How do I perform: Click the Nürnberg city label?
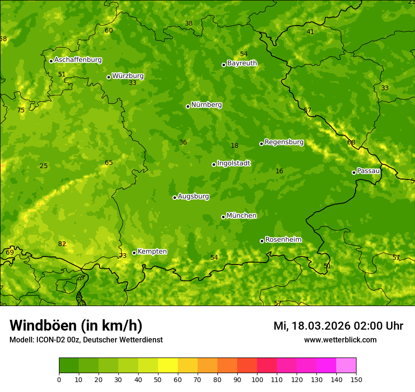(x=206, y=105)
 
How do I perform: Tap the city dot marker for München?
(x=223, y=217)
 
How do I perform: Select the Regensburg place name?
(x=284, y=142)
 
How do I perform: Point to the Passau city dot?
(x=354, y=172)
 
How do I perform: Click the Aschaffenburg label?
(x=78, y=60)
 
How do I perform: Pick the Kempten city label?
(x=152, y=252)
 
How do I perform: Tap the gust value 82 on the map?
(x=62, y=244)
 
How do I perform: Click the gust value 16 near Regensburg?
(x=279, y=171)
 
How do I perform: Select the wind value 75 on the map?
(x=21, y=110)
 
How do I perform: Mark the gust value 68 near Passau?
(x=351, y=142)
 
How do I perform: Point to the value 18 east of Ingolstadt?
(x=234, y=145)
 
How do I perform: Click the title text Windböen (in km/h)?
(x=76, y=325)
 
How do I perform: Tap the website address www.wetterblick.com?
(x=340, y=340)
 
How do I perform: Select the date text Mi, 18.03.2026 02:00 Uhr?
(x=338, y=326)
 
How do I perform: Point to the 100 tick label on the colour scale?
(x=257, y=379)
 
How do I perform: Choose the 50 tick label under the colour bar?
(x=158, y=379)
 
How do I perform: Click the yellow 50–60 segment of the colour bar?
(x=168, y=366)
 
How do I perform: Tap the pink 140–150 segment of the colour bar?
(x=346, y=366)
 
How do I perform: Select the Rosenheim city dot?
(x=262, y=241)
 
